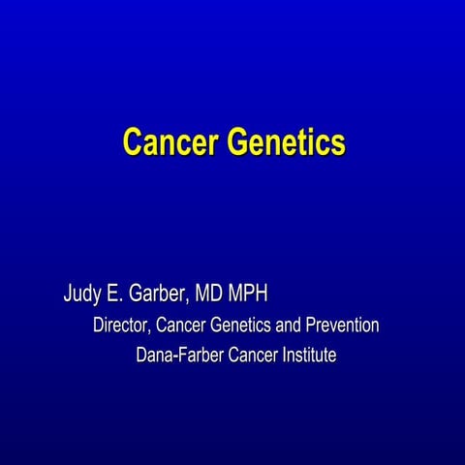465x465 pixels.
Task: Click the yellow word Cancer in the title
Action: coord(170,141)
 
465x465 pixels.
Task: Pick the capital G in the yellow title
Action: coord(235,141)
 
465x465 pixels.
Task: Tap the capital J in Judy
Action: coord(69,294)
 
